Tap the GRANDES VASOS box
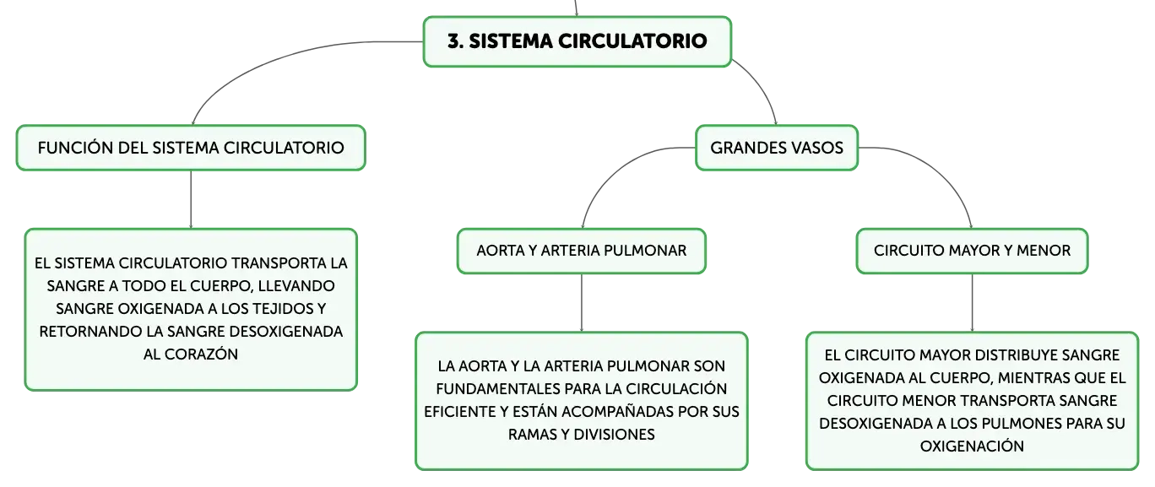click(777, 148)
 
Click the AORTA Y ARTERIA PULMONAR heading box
click(581, 251)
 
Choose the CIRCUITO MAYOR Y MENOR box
click(972, 251)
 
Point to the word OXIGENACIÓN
click(972, 446)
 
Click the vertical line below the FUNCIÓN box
click(191, 199)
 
